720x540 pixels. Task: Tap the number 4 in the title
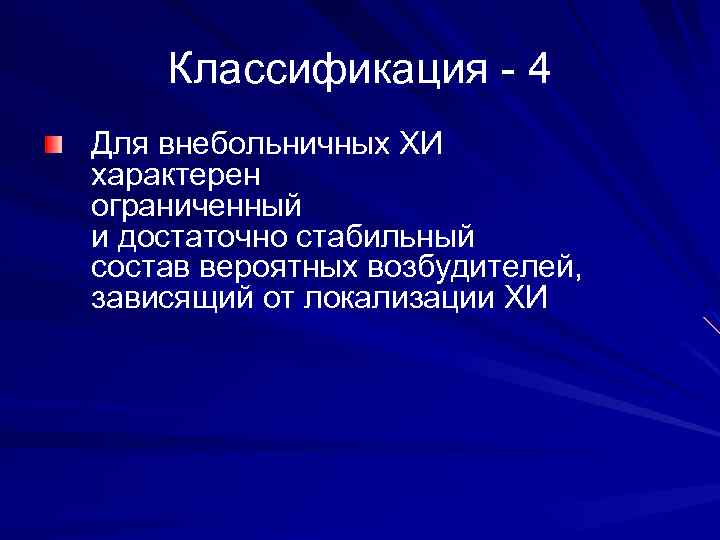538,70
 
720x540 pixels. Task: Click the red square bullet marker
52,146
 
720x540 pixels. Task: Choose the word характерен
176,177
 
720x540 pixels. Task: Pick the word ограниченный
195,208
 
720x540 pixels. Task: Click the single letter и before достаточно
97,239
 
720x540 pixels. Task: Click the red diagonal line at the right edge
711,325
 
